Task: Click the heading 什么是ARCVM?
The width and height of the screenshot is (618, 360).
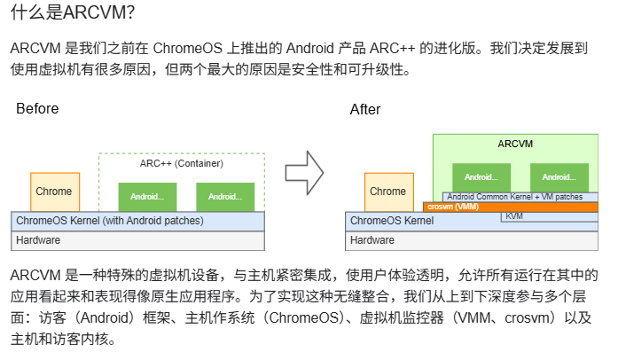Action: point(74,15)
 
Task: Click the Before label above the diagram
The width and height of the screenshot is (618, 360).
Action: point(37,109)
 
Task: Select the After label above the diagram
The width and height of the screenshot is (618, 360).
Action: point(365,110)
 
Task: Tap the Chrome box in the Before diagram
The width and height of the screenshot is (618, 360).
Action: point(53,192)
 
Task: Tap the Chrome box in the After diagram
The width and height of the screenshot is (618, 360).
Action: point(387,192)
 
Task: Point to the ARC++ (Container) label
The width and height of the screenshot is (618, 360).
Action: point(181,163)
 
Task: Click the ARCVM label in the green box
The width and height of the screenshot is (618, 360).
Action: point(515,144)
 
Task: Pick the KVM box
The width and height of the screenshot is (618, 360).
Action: point(514,216)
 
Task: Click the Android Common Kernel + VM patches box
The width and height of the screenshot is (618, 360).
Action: point(515,197)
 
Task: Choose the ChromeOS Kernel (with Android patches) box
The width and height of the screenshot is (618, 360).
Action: point(137,221)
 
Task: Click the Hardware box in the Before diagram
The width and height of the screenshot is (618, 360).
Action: point(137,240)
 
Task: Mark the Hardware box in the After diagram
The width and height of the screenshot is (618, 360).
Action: point(472,240)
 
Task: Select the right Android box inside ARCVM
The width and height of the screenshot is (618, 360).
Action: point(559,176)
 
